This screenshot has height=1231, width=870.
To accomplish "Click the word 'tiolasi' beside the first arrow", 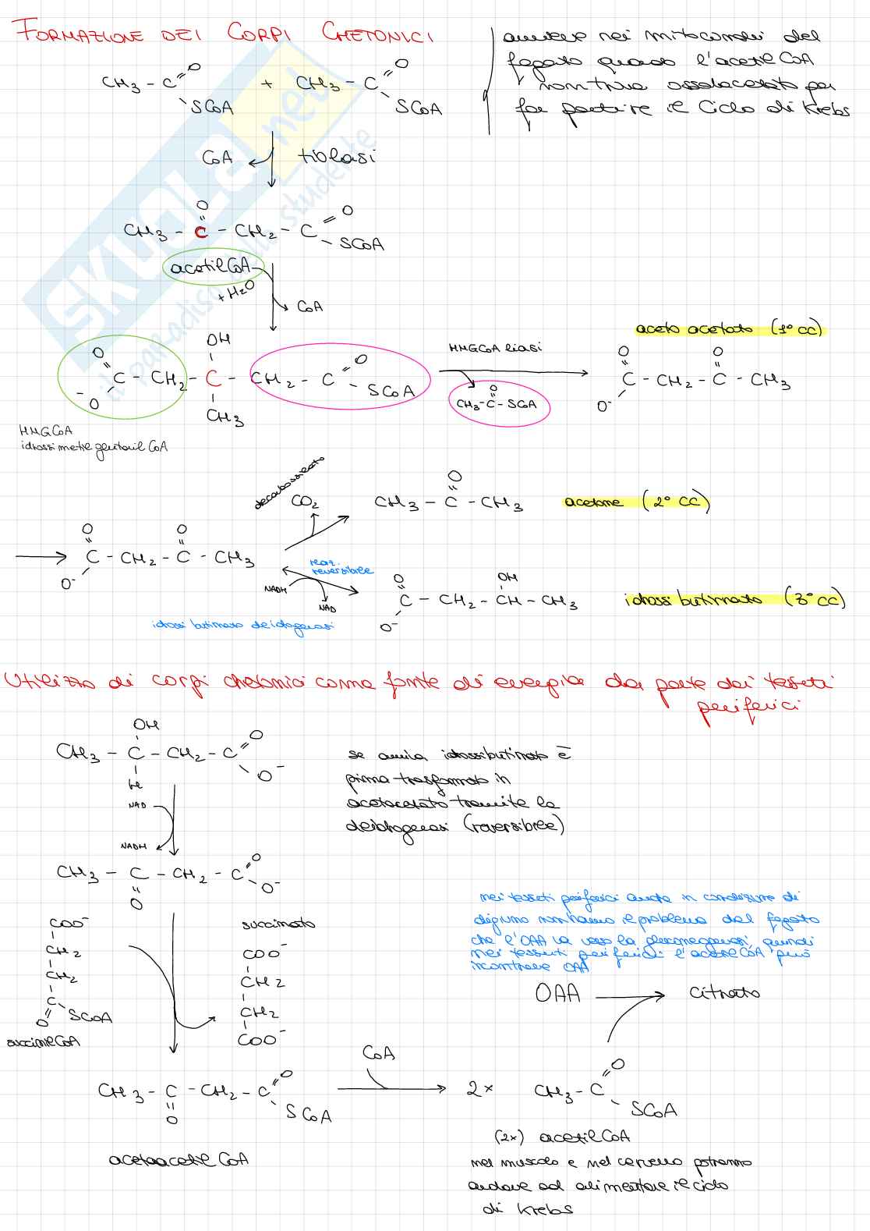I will coord(337,156).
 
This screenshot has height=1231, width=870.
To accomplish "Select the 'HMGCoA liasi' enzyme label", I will coord(496,348).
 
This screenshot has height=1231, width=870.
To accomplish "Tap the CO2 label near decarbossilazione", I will coord(304,502).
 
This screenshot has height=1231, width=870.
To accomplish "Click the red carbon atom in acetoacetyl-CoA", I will coord(201,232).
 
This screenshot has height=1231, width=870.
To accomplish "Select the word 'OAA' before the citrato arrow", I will coord(557,994).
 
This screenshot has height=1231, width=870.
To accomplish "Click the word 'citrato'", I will coord(723,993).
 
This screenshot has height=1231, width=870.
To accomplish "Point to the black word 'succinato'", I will coord(278,924).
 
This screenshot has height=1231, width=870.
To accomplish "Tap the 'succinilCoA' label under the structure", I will coord(43,1041).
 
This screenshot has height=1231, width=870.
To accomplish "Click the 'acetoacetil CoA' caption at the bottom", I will coord(179,1159).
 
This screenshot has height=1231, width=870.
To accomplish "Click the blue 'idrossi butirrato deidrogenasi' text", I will coord(243,626).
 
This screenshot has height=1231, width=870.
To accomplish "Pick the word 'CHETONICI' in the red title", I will coord(377,34).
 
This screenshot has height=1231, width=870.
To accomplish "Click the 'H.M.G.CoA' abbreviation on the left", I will coord(46,431).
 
